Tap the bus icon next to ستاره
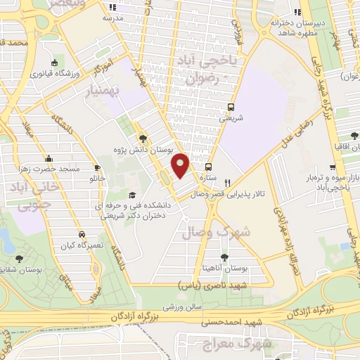(208, 167)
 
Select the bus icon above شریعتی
(231, 108)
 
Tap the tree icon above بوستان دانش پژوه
(143, 139)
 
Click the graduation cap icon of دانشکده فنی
(130, 195)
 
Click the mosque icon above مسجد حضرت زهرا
(49, 159)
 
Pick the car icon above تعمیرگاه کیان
(82, 234)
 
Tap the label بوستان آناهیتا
(225, 269)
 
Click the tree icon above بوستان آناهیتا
(224, 258)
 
